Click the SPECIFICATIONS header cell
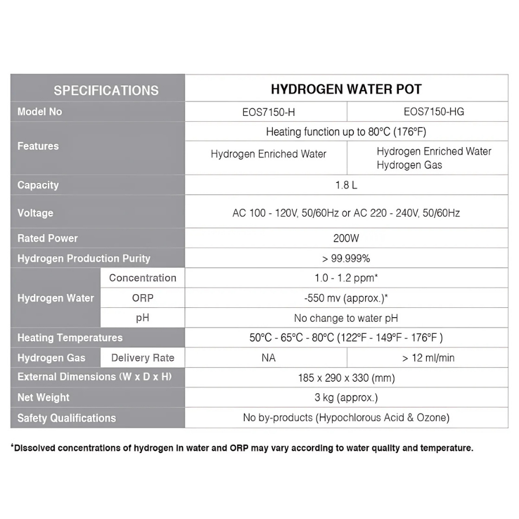(x=106, y=90)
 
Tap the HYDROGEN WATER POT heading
(x=346, y=89)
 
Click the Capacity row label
(x=38, y=185)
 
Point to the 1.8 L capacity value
(x=346, y=185)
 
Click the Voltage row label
(x=35, y=213)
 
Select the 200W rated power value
(x=346, y=238)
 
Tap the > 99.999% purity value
(x=346, y=258)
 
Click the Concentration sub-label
(x=142, y=278)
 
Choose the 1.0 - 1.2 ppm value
(x=346, y=278)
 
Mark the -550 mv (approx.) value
(x=346, y=298)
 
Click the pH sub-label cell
(x=142, y=318)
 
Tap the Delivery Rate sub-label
(x=142, y=358)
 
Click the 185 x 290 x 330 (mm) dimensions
(x=346, y=378)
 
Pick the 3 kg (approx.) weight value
(x=346, y=398)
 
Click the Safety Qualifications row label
(x=66, y=418)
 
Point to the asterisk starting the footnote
(x=13, y=446)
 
